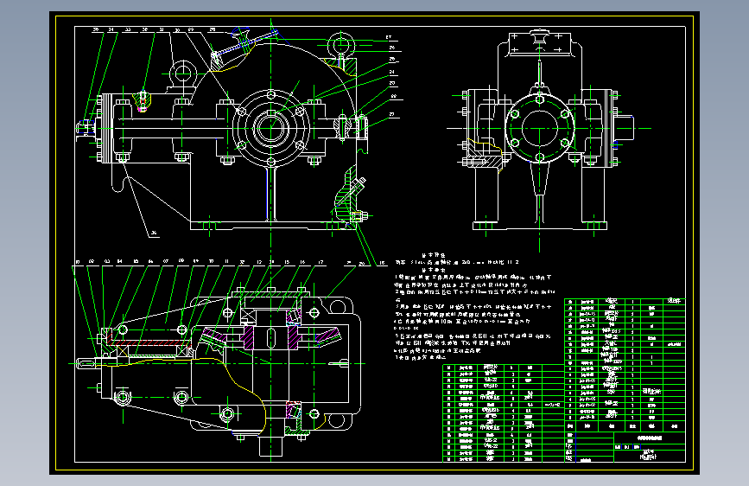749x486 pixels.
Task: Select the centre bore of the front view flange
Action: point(270,128)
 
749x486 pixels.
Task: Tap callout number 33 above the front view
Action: point(127,29)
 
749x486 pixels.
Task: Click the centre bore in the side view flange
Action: point(540,129)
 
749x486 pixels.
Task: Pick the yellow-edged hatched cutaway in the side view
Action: point(484,159)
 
